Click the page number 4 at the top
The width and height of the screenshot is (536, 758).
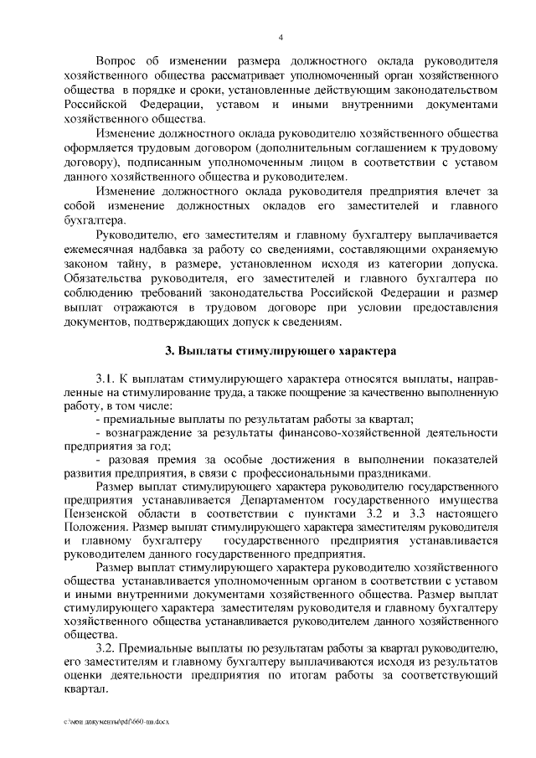pos(281,37)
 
